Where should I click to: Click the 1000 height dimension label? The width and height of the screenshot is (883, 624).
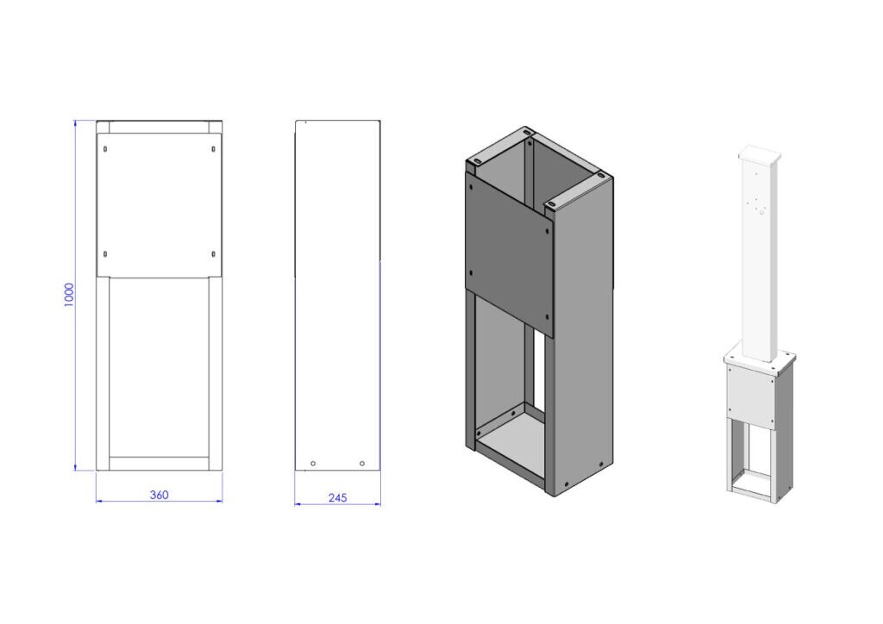pos(69,294)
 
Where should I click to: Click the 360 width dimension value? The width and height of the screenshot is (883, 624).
pos(159,495)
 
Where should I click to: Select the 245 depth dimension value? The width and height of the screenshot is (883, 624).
pos(337,497)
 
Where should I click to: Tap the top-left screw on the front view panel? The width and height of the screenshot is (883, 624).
pos(104,148)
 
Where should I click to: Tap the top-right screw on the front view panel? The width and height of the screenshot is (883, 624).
pos(213,148)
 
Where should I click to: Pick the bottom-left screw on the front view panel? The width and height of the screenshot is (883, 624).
pos(104,253)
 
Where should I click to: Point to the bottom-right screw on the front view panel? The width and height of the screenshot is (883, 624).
pos(213,253)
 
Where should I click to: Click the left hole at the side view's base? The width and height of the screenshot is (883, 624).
pos(313,464)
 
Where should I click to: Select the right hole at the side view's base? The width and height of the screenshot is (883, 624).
pos(361,464)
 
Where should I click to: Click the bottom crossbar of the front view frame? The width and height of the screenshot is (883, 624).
pos(159,464)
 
